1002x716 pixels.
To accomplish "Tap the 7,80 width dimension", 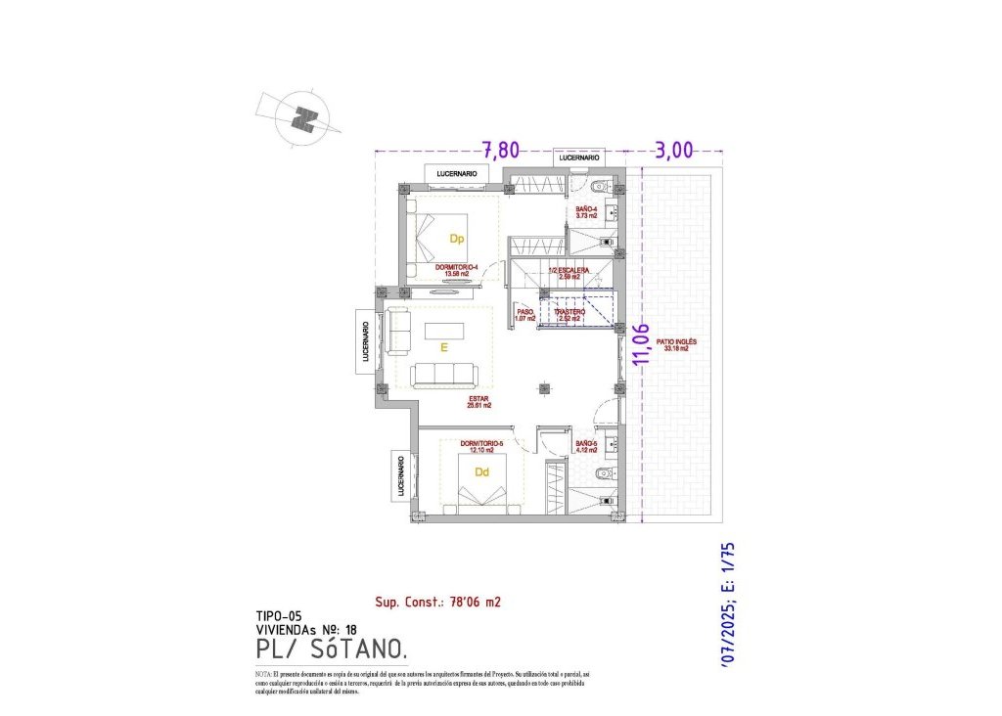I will coord(500,150).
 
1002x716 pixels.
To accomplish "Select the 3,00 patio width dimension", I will coord(673,150).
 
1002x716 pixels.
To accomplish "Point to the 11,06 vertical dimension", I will coord(642,345).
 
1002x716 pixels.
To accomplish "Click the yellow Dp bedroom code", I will coord(456,239).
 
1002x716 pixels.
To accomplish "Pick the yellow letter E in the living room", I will coord(443,347).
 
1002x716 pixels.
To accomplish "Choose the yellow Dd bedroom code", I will coord(481,471).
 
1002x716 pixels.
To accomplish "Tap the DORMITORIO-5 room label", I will coord(481,446).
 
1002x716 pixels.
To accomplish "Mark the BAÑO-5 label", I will coord(586,448).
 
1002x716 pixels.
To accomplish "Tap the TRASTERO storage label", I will coord(569,314).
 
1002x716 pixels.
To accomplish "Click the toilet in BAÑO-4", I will coord(600,186).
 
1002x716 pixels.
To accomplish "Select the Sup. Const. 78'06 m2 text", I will coord(437,603).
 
